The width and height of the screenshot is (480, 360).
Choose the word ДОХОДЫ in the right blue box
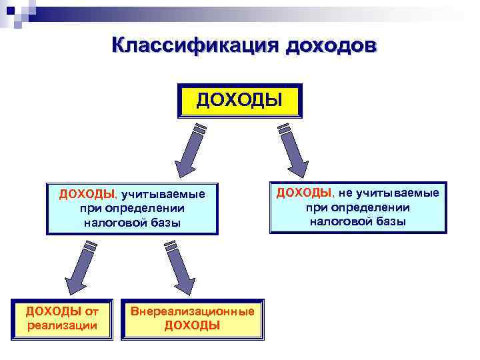point(304,193)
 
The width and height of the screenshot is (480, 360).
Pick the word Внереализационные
point(193,311)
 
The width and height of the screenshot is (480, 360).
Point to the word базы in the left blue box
point(165,223)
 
